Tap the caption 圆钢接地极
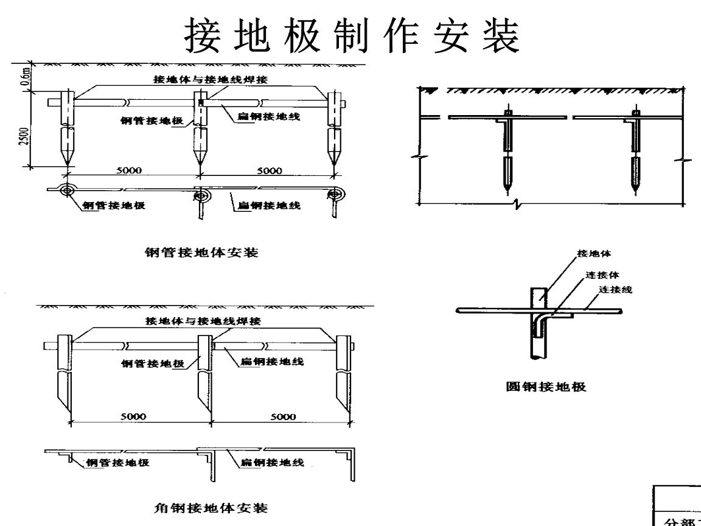click(546, 387)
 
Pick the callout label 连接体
click(602, 274)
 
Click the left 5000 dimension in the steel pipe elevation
click(130, 171)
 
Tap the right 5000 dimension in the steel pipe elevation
click(268, 171)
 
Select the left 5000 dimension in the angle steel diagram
click(134, 416)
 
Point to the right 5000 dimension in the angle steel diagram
click(284, 416)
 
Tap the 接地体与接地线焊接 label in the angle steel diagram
click(202, 321)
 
